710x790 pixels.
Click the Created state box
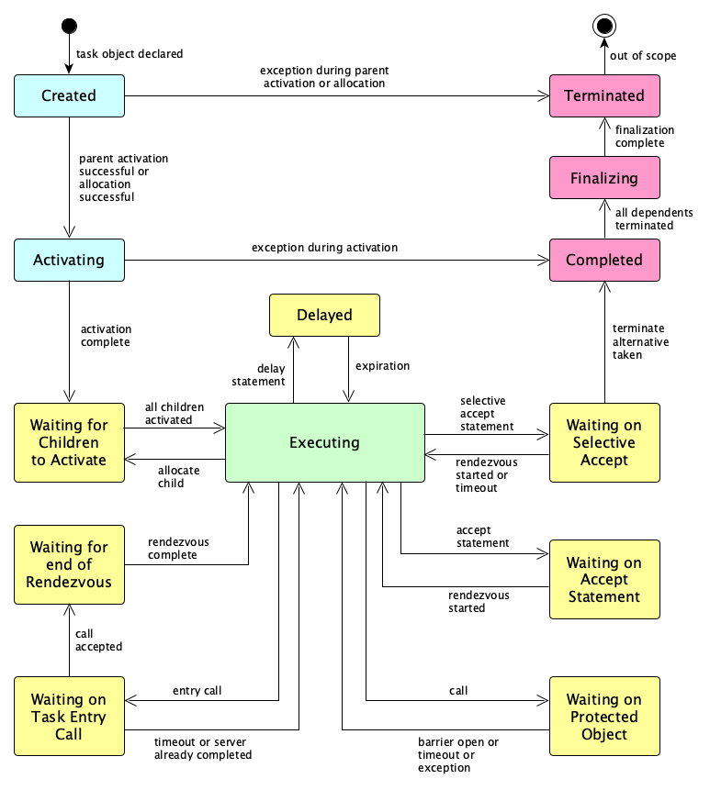point(69,95)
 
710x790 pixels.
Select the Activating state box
point(69,260)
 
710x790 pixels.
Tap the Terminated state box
point(603,95)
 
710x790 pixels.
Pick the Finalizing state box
point(603,177)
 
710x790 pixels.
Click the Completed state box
point(603,260)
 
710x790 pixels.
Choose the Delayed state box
point(324,315)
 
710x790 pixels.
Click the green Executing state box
point(324,442)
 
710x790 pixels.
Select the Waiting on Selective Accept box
point(603,442)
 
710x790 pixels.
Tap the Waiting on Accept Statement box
point(603,580)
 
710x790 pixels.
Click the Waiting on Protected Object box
point(603,717)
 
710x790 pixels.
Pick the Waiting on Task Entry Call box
point(69,717)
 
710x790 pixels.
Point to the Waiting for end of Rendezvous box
point(69,564)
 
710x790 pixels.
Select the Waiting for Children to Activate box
point(69,442)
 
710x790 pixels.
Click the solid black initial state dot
point(69,26)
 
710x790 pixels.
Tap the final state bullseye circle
point(603,26)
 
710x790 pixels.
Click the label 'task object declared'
point(130,54)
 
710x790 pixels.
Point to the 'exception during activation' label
point(325,248)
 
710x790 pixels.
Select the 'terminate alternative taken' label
point(640,341)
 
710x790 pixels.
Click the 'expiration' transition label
point(382,365)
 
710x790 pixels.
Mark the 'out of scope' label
point(643,56)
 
